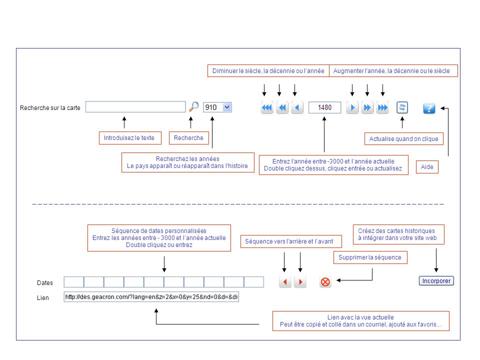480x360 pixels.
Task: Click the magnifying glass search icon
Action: [x=193, y=107]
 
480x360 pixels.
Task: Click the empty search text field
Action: [x=135, y=107]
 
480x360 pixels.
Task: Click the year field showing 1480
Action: [x=324, y=107]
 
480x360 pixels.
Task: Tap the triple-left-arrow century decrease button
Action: [x=267, y=107]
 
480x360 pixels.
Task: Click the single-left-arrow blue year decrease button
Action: [x=297, y=107]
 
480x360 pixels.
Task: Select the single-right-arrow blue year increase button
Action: [x=352, y=107]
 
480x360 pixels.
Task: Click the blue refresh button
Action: [x=402, y=107]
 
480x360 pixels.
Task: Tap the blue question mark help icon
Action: [x=429, y=108]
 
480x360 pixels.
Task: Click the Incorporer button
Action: [x=436, y=280]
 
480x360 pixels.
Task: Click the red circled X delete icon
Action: [x=325, y=282]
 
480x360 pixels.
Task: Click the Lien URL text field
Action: [x=151, y=296]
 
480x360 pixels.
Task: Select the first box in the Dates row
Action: [x=74, y=282]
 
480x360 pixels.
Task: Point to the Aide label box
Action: [x=427, y=167]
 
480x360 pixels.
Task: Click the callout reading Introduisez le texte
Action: [x=130, y=138]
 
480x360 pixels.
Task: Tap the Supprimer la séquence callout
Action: [x=370, y=257]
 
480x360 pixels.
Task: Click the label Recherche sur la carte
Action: [x=50, y=108]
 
